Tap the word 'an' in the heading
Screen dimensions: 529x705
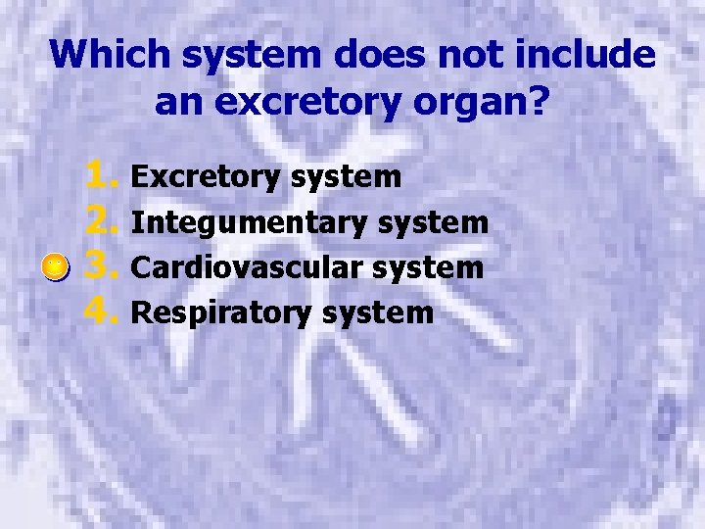(179, 101)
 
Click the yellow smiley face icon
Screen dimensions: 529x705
(58, 266)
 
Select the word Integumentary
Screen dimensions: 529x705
(250, 222)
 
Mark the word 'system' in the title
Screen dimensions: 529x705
(267, 54)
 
